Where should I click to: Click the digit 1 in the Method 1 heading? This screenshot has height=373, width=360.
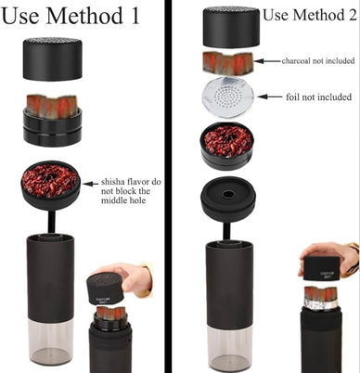[x=135, y=16]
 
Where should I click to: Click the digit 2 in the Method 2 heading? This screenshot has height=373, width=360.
[x=352, y=15]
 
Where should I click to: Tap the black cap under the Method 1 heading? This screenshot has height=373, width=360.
[x=53, y=58]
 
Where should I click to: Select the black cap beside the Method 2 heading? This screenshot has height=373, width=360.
[x=232, y=27]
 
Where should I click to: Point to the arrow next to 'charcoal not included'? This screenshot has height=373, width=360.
[x=267, y=61]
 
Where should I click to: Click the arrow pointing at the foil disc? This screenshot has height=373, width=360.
[x=269, y=96]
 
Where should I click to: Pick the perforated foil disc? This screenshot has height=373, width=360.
[x=227, y=97]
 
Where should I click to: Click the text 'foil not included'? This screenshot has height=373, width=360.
[x=318, y=96]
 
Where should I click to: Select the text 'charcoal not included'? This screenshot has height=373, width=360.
[x=318, y=60]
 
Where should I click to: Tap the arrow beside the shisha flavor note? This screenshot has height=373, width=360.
[x=91, y=184]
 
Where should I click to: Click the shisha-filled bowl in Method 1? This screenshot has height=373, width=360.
[x=51, y=185]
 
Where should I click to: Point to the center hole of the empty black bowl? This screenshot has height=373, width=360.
[x=228, y=195]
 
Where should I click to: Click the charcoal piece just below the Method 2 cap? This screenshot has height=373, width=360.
[x=228, y=63]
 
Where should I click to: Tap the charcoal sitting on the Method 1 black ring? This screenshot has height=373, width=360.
[x=52, y=106]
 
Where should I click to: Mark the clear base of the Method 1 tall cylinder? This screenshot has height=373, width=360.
[x=51, y=341]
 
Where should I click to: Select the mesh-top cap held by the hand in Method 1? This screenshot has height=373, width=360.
[x=105, y=289]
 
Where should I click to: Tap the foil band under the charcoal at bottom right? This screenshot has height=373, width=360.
[x=321, y=304]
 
